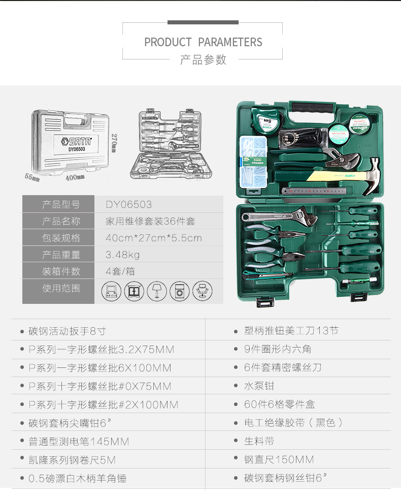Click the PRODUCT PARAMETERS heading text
pos(203,42)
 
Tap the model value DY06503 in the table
pos(129,204)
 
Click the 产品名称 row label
pos(61,221)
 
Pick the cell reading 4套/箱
pos(120,271)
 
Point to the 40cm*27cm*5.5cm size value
pos(153,238)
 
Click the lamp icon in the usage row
pos(157,291)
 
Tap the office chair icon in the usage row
pos(203,291)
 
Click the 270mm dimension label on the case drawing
pos(114,143)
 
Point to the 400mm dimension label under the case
pos(75,177)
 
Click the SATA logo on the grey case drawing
pos(76,141)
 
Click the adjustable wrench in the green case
pos(279,216)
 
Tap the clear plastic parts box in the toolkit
pos(253,162)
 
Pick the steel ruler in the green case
pos(314,191)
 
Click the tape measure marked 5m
pos(266,120)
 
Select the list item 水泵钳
pos(259,386)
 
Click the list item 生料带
pos(259,441)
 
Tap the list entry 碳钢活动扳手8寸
pos(67,331)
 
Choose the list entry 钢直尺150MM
pos(279,459)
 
